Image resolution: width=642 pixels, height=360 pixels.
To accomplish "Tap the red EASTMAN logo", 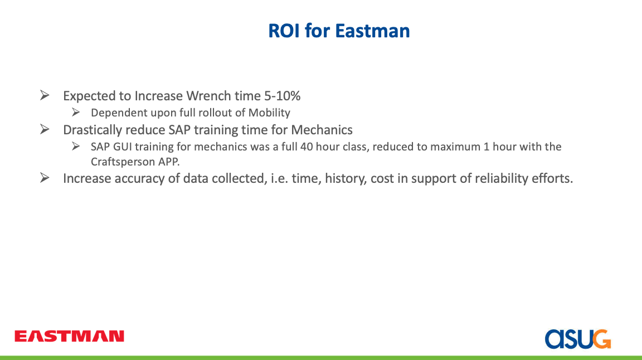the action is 69,336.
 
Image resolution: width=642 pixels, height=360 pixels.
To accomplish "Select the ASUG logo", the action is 578,339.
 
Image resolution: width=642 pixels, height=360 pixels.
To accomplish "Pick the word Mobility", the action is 269,113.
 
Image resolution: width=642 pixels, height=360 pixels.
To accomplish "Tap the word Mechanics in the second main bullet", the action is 322,130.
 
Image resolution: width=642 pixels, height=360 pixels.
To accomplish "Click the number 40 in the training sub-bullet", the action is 307,147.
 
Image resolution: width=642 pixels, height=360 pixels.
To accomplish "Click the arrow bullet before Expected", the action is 45,95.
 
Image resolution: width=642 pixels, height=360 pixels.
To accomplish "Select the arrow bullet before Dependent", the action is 76,112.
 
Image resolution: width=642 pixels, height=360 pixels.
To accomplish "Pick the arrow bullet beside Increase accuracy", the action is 45,178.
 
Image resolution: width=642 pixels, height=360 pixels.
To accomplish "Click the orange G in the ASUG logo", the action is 602,339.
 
